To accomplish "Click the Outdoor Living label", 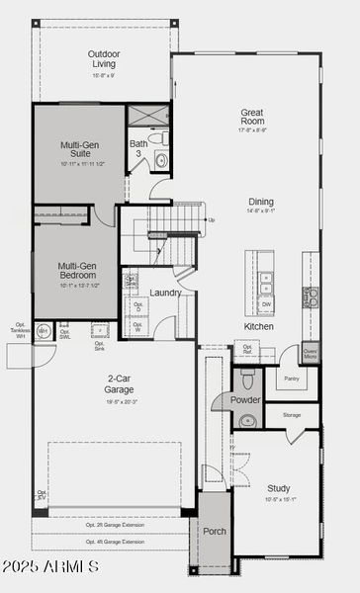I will coord(103,57).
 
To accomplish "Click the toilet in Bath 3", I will coord(161,160).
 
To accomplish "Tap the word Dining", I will coord(260,201).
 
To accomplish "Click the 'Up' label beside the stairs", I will coord(210,219).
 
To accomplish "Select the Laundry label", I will coord(165,293).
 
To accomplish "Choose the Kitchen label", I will coord(259,326).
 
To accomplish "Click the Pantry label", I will coord(291,378).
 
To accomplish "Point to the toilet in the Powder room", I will coord(247,379).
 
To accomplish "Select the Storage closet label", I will coord(291,415).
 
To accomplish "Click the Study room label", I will coord(278,487).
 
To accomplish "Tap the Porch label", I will coord(215,531).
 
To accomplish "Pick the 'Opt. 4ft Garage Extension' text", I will coord(114,542).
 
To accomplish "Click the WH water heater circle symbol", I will coord(43,332).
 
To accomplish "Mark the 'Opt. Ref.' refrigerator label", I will coord(247,349).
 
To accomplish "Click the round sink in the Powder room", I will coord(247,421).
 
